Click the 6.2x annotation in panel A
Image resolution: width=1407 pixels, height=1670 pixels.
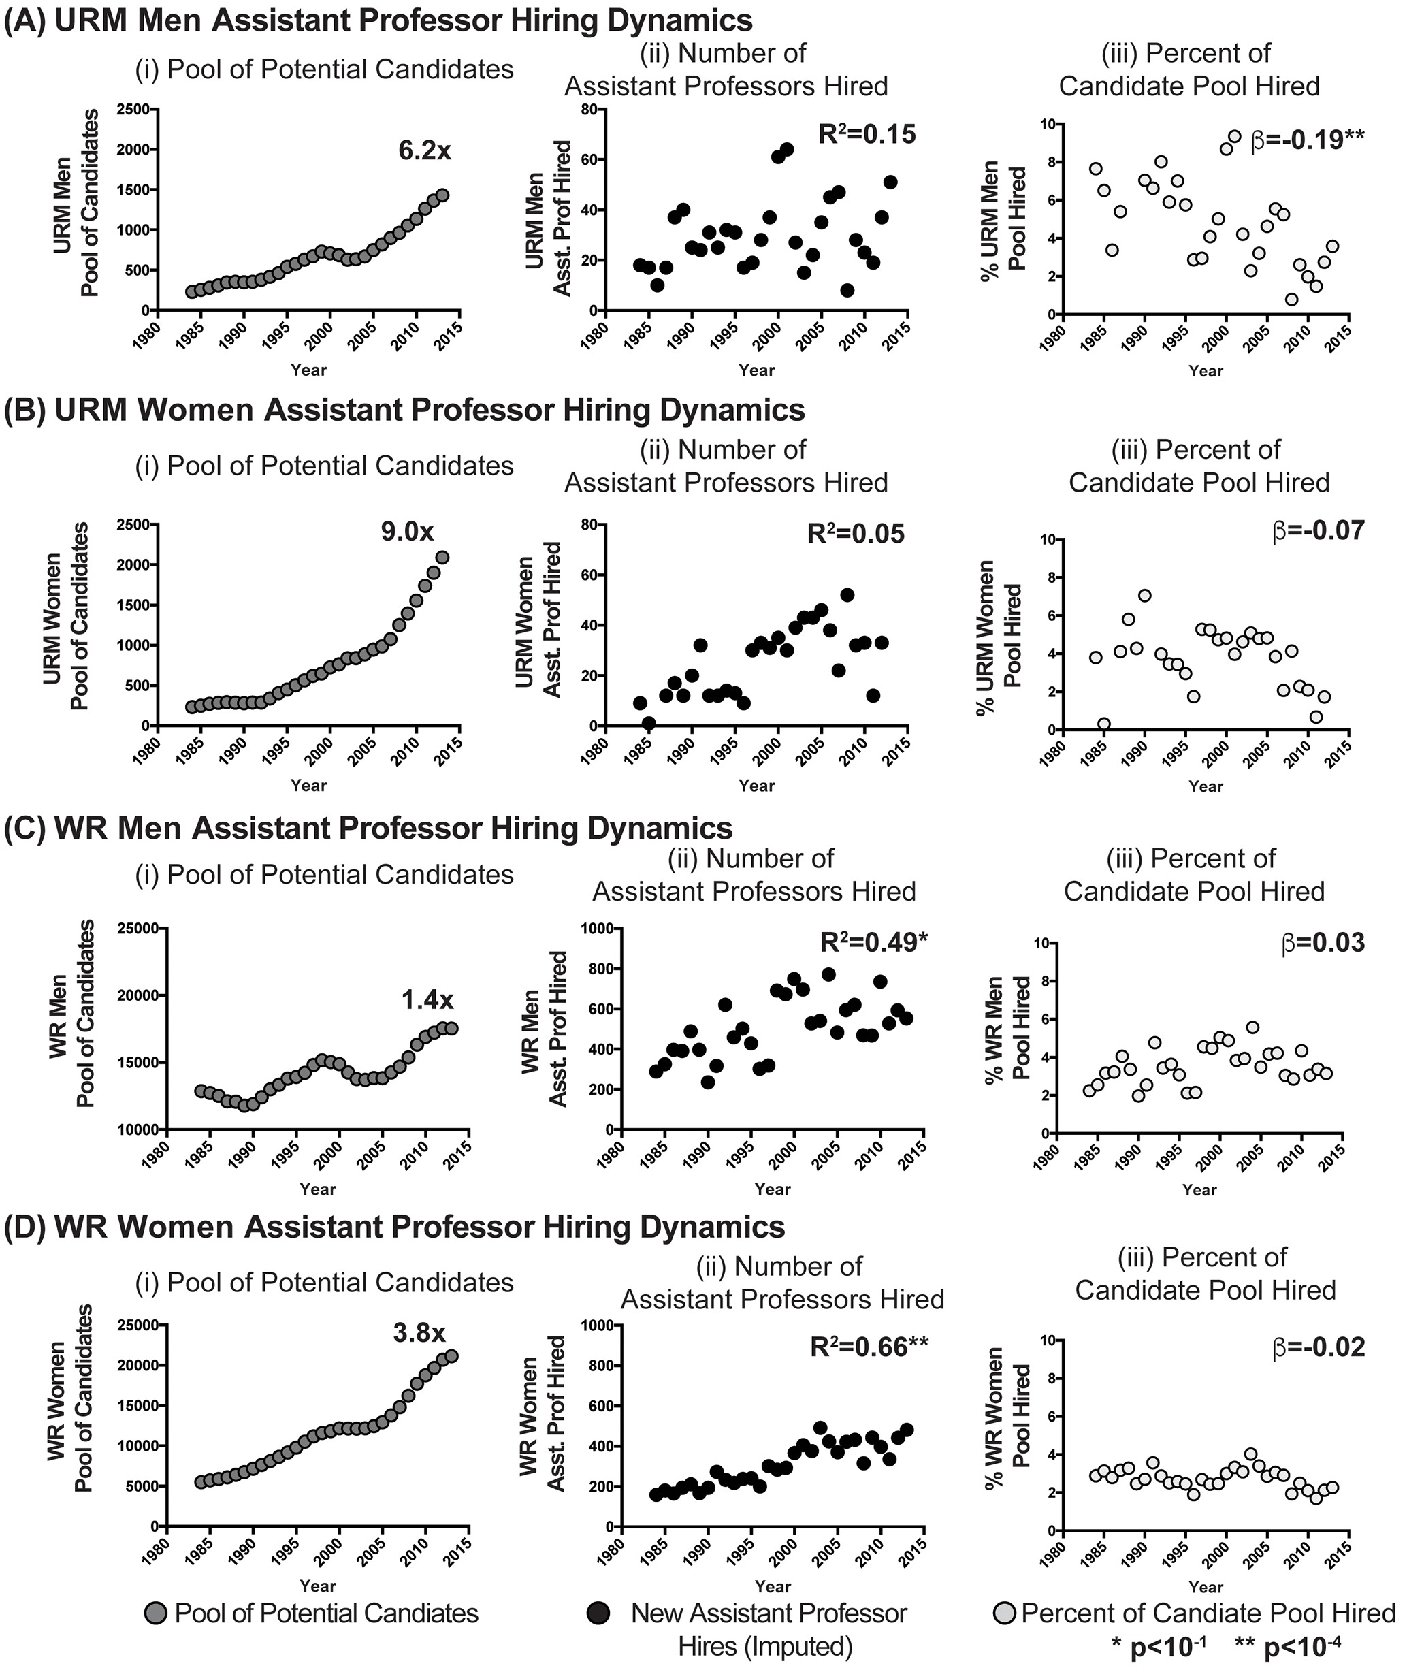coord(424,150)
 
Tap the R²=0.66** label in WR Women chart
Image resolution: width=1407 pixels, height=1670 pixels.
coord(869,1347)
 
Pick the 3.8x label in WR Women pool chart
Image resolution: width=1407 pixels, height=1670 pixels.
coord(419,1332)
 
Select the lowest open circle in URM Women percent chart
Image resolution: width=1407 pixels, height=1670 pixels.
coord(1104,724)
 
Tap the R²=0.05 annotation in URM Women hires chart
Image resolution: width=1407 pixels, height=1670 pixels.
coord(856,534)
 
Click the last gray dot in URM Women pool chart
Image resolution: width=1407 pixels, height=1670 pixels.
coord(442,558)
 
